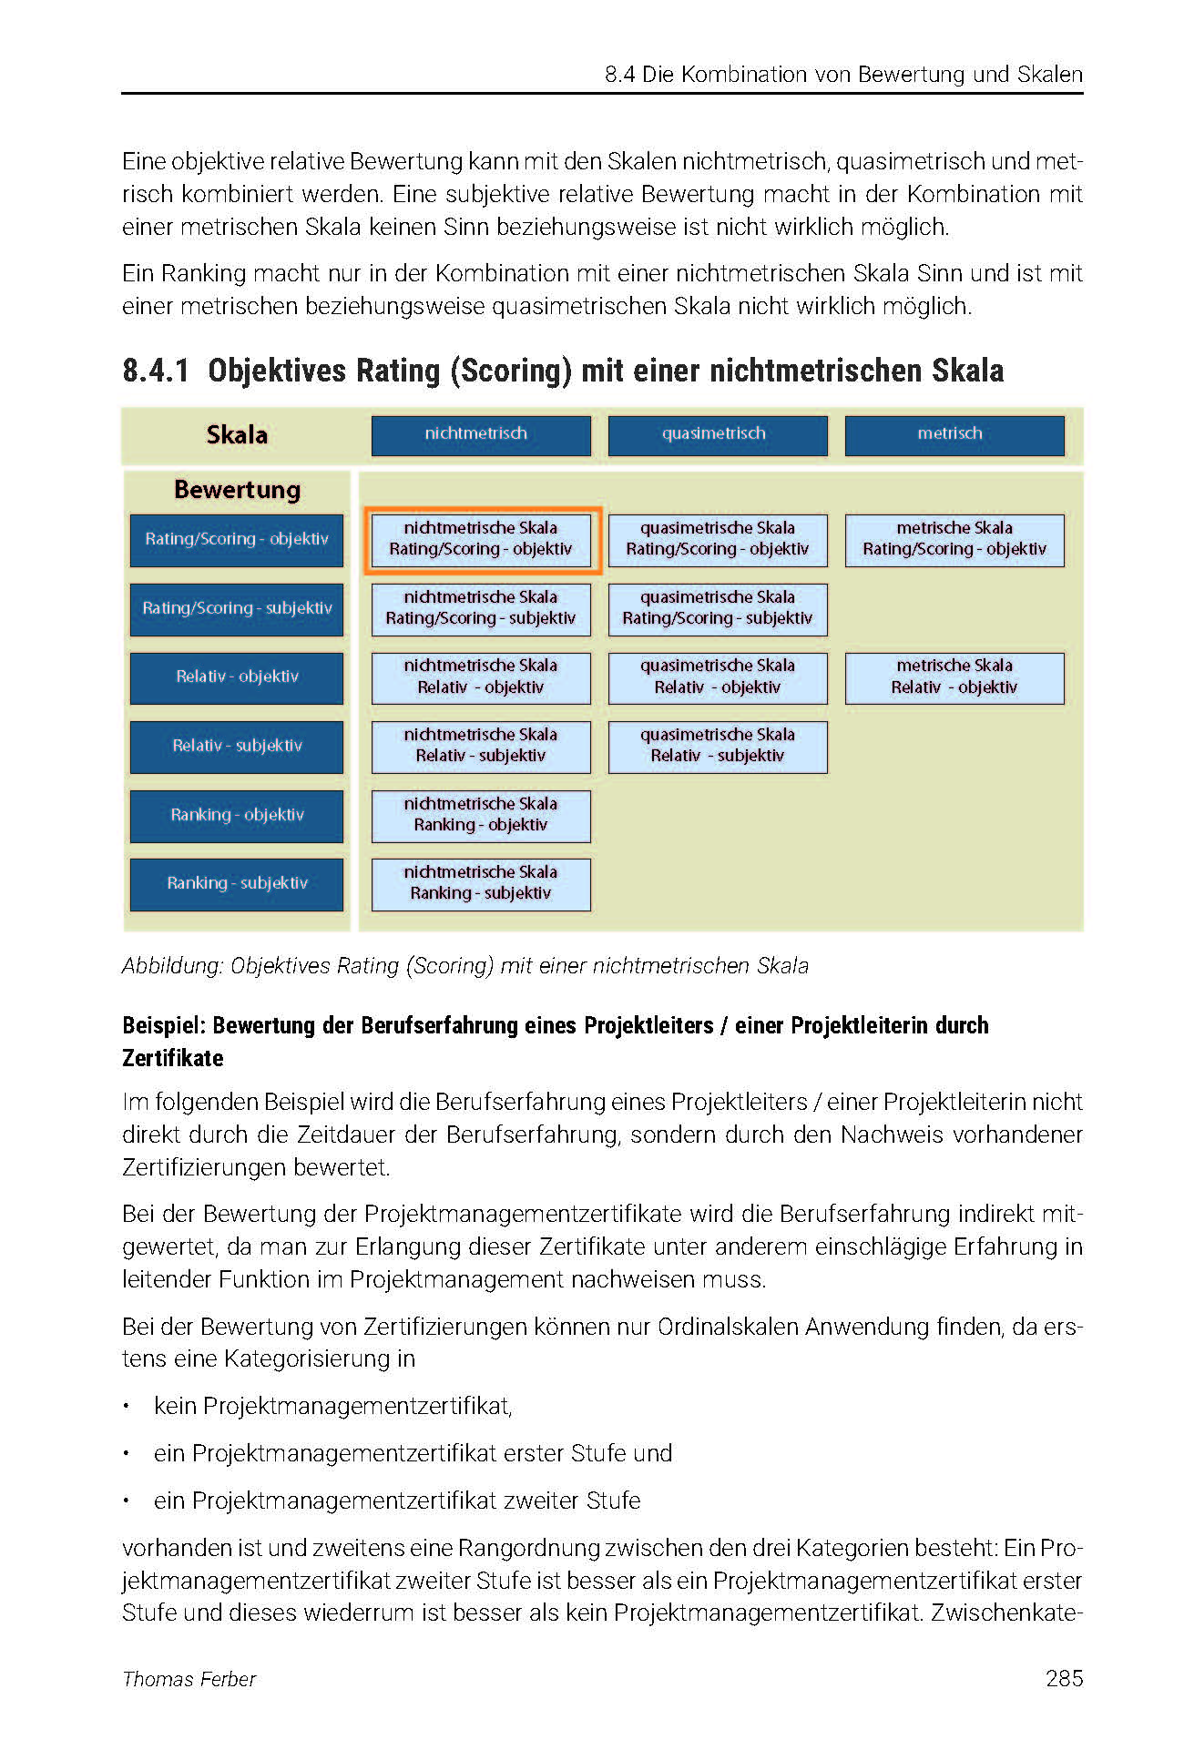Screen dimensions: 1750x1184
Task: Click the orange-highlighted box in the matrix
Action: click(x=482, y=539)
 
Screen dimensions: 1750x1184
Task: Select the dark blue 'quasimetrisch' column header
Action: click(x=718, y=434)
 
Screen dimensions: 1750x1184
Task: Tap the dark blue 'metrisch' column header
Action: click(x=954, y=434)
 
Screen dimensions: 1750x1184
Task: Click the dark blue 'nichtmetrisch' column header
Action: click(x=480, y=434)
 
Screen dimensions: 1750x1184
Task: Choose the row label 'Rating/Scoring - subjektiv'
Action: click(x=237, y=608)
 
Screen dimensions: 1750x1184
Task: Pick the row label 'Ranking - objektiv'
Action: click(x=237, y=815)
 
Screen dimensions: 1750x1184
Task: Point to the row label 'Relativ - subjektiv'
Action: click(x=237, y=746)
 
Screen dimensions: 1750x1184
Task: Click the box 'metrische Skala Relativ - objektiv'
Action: click(x=954, y=677)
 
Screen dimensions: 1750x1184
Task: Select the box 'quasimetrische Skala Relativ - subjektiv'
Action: click(x=718, y=746)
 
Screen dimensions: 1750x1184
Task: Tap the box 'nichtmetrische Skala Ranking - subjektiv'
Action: click(x=480, y=883)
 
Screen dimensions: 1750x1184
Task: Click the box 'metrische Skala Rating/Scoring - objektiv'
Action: click(x=954, y=539)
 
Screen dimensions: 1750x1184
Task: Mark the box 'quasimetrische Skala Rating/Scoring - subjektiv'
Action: click(x=718, y=608)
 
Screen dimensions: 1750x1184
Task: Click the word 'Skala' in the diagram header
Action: click(x=237, y=434)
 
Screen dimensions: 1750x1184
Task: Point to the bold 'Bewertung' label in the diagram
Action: click(x=237, y=490)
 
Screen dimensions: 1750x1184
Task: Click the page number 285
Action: click(x=1064, y=1678)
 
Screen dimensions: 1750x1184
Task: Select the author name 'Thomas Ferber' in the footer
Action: click(x=189, y=1679)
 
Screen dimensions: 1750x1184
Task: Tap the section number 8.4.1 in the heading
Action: click(x=156, y=371)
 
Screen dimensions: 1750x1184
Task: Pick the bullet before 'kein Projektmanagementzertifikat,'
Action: click(x=128, y=1407)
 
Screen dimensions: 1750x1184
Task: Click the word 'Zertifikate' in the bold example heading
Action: click(x=173, y=1058)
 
